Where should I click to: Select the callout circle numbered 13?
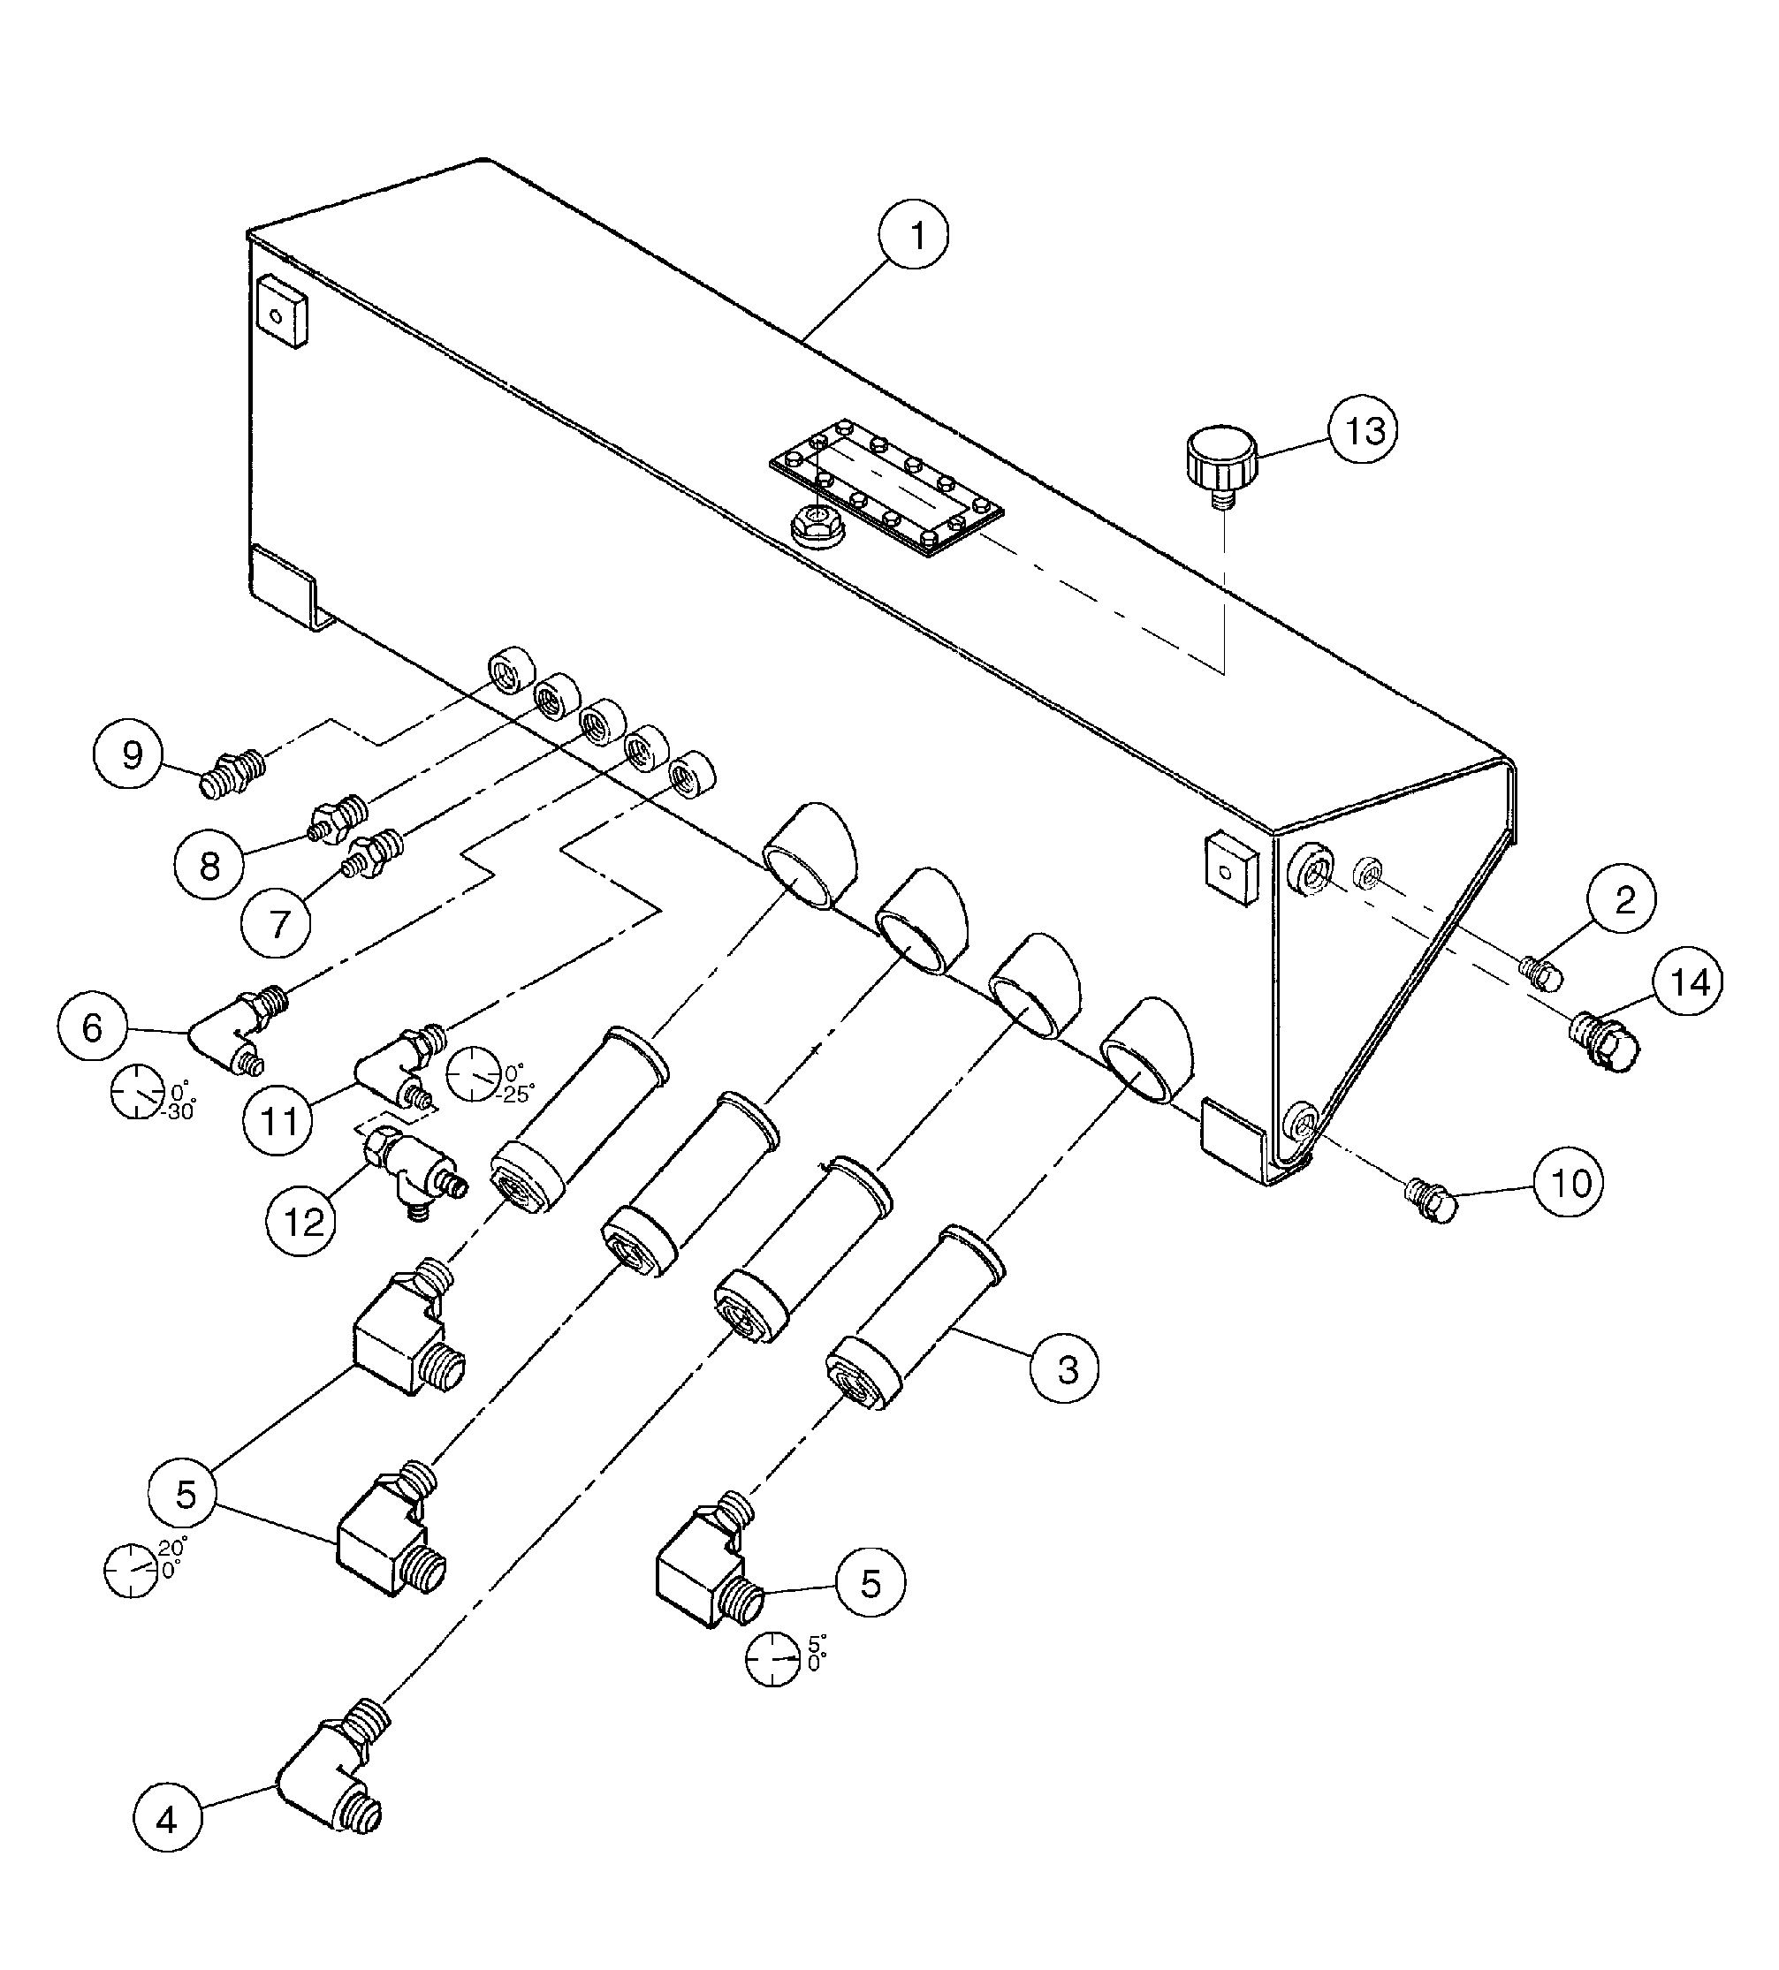coord(1363,429)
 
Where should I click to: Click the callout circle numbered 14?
coord(1688,981)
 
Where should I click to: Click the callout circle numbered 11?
coord(278,1121)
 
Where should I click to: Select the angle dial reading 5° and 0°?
coord(774,1658)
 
